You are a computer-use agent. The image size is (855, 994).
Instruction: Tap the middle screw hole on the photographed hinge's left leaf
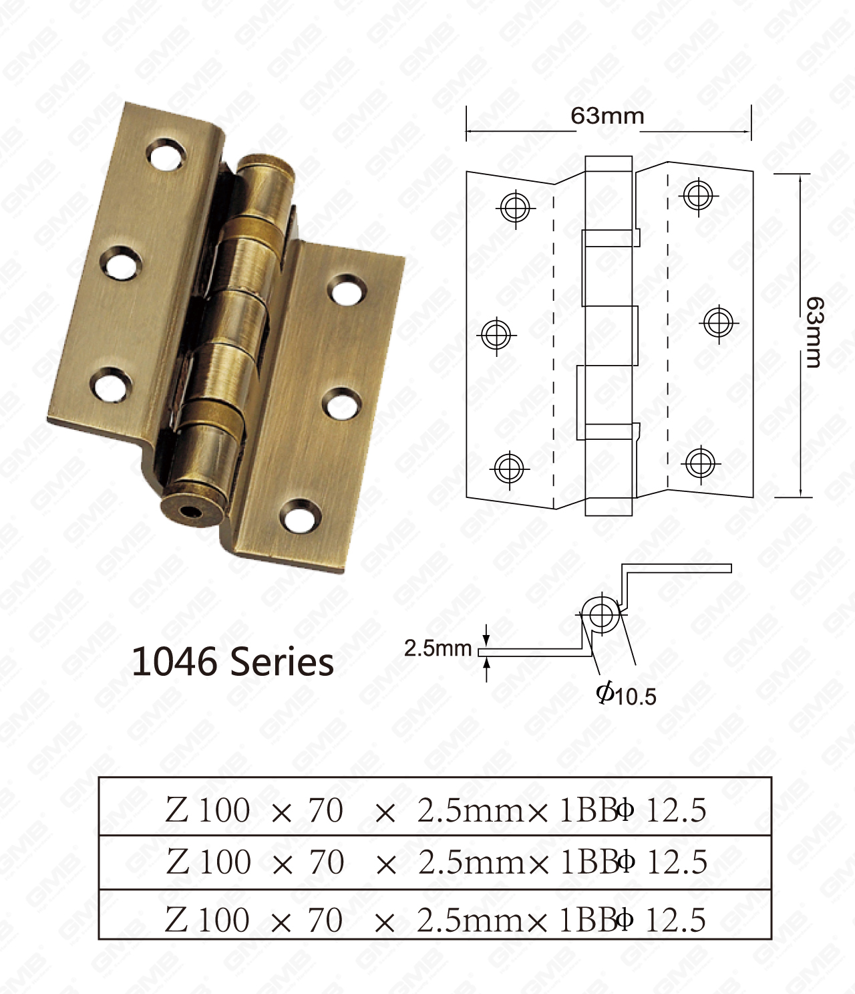(121, 263)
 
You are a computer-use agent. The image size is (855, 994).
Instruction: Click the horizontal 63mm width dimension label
(607, 116)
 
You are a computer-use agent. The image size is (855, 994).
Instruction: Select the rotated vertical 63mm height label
(814, 332)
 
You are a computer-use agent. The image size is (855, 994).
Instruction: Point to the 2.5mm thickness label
(438, 648)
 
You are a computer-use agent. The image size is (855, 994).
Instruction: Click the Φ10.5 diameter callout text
(626, 695)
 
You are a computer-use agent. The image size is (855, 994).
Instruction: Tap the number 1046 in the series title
(174, 662)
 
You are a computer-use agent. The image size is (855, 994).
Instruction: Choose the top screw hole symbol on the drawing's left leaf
(515, 207)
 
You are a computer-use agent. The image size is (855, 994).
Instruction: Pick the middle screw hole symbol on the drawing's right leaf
(718, 324)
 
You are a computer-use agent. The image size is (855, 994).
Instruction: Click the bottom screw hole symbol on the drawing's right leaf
(700, 463)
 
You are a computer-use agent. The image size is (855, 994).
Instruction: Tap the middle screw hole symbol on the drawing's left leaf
(496, 334)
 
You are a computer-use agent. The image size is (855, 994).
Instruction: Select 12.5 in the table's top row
(676, 810)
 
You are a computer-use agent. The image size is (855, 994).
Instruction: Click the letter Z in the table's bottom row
(177, 920)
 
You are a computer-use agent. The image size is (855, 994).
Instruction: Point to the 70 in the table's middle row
(327, 862)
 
